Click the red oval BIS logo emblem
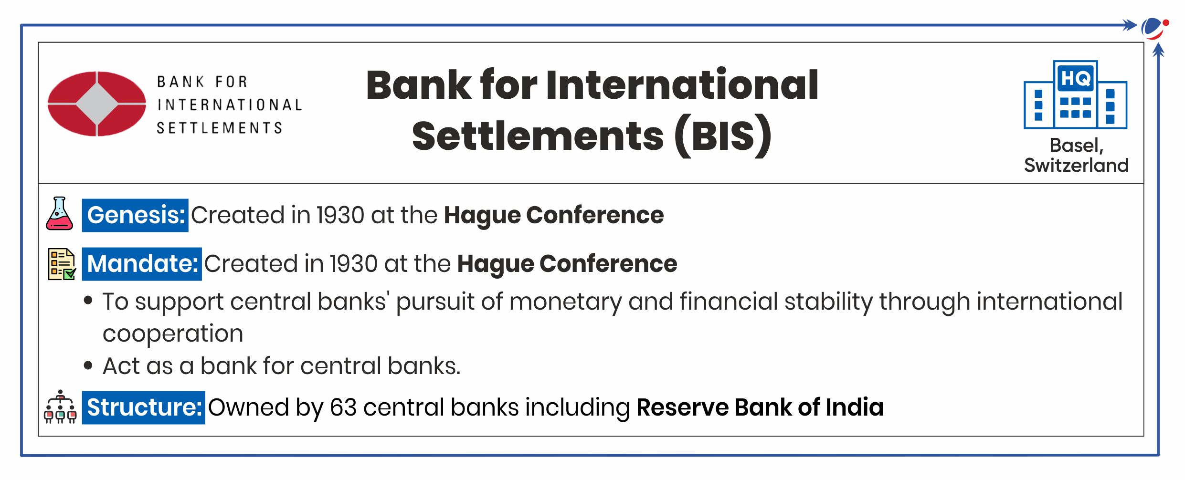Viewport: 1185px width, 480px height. point(97,104)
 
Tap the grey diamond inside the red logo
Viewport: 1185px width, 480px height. point(97,104)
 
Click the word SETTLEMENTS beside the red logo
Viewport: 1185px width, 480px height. point(220,128)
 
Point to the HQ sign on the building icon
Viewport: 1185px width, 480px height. point(1075,78)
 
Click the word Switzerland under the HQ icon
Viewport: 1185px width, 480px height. point(1076,165)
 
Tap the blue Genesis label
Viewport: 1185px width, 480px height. point(135,215)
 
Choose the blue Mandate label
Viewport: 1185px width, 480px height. point(142,264)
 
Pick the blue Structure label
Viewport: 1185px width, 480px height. point(144,407)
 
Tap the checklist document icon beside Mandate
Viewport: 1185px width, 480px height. point(62,264)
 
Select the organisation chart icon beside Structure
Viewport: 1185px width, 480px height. point(60,407)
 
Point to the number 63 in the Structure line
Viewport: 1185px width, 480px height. point(343,407)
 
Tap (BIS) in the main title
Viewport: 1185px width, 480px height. point(723,136)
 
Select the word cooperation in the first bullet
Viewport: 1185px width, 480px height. point(173,334)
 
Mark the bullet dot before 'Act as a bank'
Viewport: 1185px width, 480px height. point(88,366)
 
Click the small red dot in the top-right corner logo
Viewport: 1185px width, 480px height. point(1166,22)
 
